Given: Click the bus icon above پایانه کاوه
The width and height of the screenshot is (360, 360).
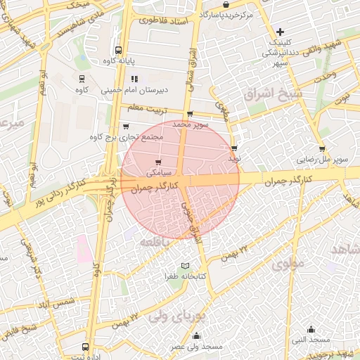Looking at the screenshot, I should (117, 50).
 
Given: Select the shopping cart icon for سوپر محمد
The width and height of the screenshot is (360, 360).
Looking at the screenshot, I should (189, 114).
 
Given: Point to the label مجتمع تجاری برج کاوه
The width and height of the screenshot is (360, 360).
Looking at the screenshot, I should (127, 137).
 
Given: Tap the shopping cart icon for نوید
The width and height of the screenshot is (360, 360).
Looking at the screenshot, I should (234, 148).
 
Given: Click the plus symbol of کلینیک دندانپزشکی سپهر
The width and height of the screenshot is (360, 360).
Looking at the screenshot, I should (280, 32).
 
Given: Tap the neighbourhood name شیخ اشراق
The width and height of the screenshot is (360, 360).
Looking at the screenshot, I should (274, 92).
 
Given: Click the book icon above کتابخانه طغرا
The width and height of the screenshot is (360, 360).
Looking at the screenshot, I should (185, 265).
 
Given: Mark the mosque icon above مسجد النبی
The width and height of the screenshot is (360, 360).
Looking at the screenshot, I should (311, 329).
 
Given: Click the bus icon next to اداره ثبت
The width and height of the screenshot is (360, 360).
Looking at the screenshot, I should (85, 347).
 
